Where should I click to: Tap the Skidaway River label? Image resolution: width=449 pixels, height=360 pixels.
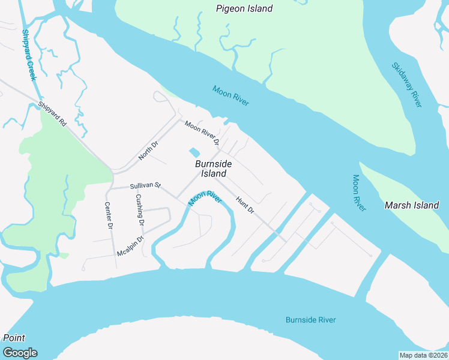tap(406, 85)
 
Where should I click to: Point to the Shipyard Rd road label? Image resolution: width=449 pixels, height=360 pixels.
tap(52, 114)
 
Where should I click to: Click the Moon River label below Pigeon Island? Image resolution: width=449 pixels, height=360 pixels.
tap(231, 96)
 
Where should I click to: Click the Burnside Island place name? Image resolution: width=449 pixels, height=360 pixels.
tap(213, 168)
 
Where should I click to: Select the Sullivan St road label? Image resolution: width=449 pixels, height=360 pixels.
tap(146, 186)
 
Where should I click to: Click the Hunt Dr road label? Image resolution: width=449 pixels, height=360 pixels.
tap(245, 206)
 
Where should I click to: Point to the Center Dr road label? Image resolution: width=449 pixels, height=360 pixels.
tap(109, 215)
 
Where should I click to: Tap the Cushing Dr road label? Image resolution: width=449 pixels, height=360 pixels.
tap(140, 209)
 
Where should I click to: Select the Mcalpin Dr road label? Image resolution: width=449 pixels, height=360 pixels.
tap(131, 245)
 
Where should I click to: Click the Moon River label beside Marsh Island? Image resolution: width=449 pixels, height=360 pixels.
tap(359, 193)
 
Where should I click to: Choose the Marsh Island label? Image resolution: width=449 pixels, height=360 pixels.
tap(412, 205)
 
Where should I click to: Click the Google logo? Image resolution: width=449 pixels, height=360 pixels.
tap(20, 353)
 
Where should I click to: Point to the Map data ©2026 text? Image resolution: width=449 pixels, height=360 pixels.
tap(423, 355)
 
